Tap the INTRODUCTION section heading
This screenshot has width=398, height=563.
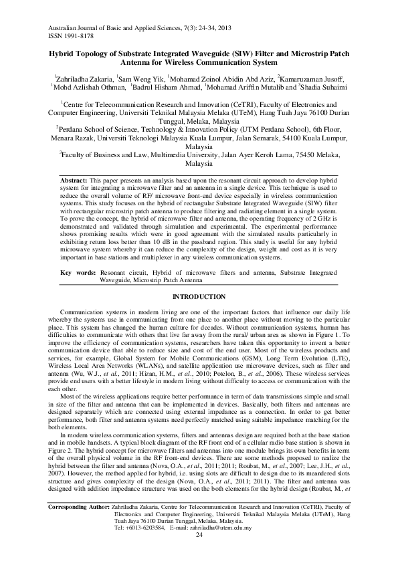pyautogui.click(x=199, y=296)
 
